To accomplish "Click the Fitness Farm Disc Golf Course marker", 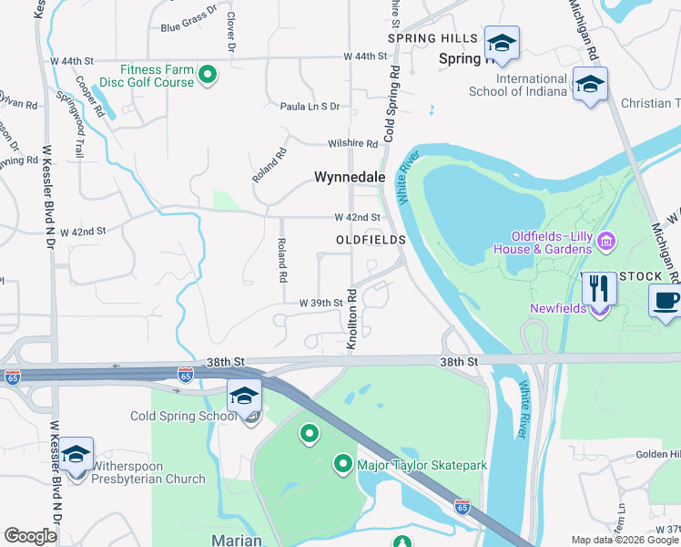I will click(208, 75).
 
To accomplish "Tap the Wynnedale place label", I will click(351, 177).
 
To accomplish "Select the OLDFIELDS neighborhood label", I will click(370, 239).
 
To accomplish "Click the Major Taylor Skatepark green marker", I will click(343, 465).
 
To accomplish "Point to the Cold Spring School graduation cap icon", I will click(244, 396).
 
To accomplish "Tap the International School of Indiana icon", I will click(590, 85).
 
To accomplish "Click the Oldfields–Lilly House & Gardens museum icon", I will click(607, 242).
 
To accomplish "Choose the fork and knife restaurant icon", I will click(598, 289).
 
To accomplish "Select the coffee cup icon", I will click(666, 301).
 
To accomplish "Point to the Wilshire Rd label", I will click(353, 144).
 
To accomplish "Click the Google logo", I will click(30, 536).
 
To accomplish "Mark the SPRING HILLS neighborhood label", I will click(432, 38).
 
